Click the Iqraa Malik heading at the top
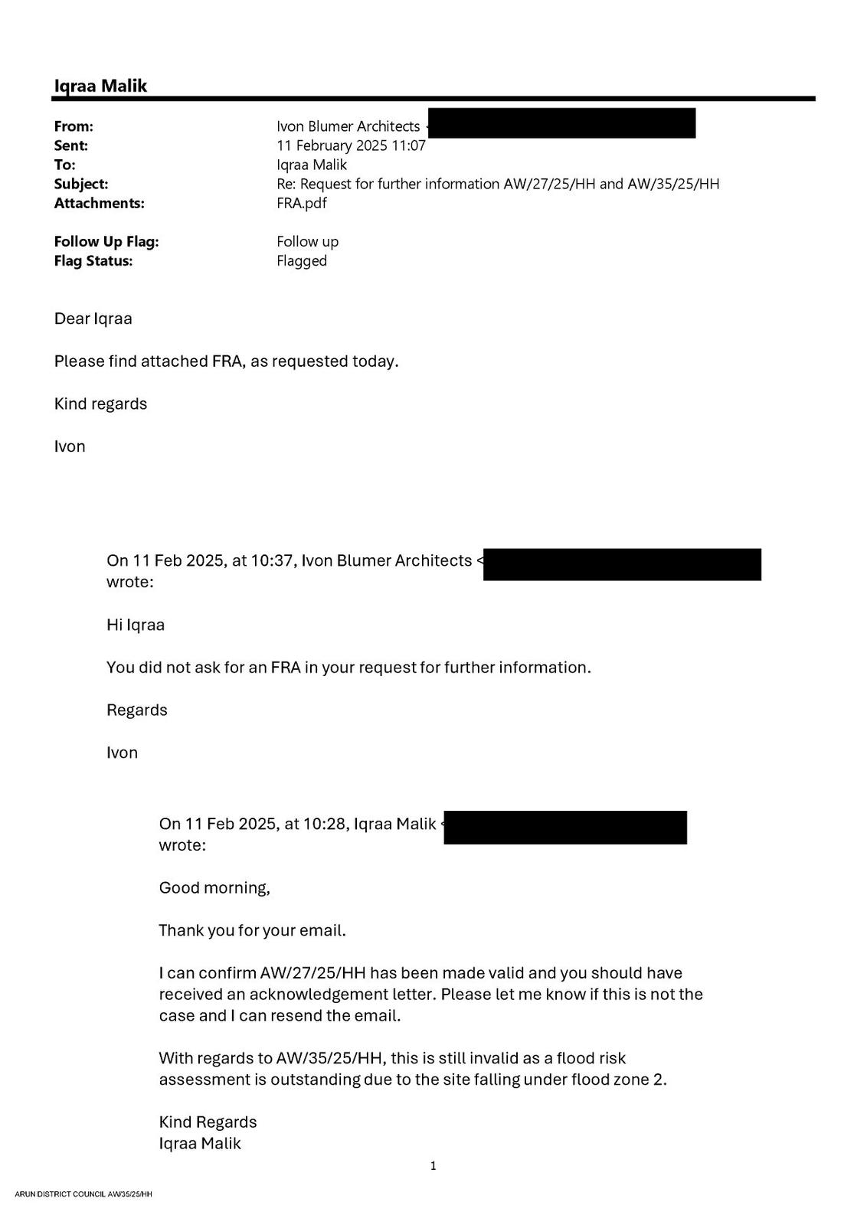(x=100, y=86)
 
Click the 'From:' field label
(x=74, y=126)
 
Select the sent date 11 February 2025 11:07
(x=351, y=145)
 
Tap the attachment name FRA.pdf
(x=302, y=203)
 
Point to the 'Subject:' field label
(x=81, y=184)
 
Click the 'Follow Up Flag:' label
(x=106, y=241)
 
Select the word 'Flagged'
(x=302, y=260)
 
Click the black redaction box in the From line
(x=561, y=123)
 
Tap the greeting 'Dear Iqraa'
(x=93, y=318)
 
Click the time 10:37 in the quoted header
(x=272, y=560)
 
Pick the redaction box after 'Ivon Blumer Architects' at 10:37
(x=622, y=564)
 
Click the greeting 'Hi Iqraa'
(x=136, y=625)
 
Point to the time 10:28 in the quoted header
(x=324, y=824)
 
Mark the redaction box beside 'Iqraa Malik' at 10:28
(x=565, y=828)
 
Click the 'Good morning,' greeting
(x=214, y=888)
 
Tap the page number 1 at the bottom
(x=433, y=1166)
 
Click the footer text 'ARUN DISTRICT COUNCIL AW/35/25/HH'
(x=83, y=1194)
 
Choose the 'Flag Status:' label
(x=93, y=260)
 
